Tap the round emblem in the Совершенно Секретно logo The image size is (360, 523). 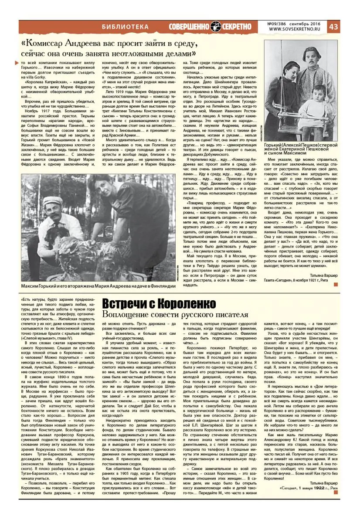point(215,27)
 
